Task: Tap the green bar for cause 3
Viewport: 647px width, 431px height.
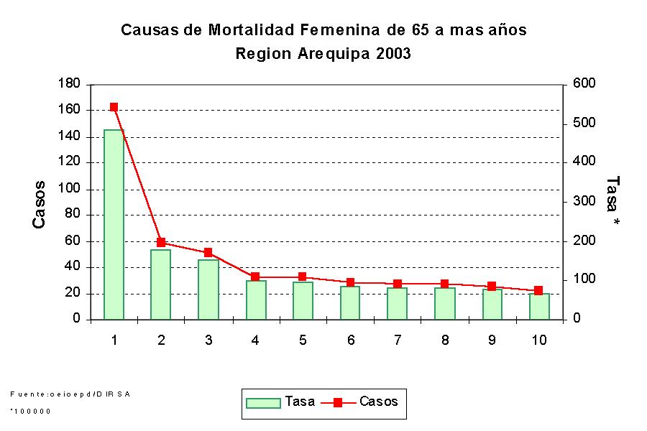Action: (x=208, y=289)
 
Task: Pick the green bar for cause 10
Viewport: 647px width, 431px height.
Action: (x=538, y=306)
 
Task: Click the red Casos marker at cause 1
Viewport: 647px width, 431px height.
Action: (x=114, y=107)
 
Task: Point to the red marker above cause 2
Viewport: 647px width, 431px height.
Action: (x=161, y=243)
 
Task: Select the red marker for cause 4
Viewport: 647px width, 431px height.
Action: (x=255, y=277)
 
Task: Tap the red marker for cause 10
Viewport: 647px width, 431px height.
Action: (x=538, y=290)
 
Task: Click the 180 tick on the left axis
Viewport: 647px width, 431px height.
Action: (x=70, y=84)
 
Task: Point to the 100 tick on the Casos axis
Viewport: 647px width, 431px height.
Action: (x=70, y=189)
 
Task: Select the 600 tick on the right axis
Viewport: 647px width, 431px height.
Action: (x=584, y=84)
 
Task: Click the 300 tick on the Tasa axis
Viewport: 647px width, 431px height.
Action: (x=584, y=202)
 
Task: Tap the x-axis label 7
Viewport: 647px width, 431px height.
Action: (x=398, y=340)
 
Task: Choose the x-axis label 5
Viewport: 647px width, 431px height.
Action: (x=303, y=340)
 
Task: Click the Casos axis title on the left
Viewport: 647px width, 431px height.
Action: (x=40, y=205)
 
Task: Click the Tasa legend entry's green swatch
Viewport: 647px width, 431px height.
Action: (x=262, y=402)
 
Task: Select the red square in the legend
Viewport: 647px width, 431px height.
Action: (x=338, y=402)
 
